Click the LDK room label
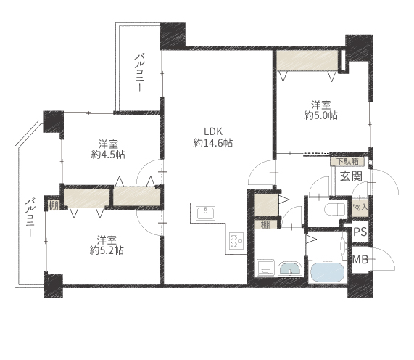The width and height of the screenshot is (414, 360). click(x=213, y=131)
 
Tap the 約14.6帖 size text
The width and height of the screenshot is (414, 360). click(x=213, y=143)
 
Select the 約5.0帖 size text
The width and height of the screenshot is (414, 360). click(x=320, y=115)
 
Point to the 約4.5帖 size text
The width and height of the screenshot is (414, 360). click(x=108, y=155)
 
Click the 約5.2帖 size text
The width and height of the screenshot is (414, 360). click(x=107, y=250)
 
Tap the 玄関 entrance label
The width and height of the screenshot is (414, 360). click(x=351, y=176)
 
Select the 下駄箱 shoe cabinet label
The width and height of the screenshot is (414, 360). click(x=347, y=162)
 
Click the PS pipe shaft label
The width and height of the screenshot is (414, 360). click(x=360, y=232)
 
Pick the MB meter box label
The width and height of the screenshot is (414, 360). click(x=360, y=260)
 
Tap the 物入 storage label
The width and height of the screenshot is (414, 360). click(x=360, y=208)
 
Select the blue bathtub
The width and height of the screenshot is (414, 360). click(x=328, y=272)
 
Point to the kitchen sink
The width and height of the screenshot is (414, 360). click(x=206, y=213)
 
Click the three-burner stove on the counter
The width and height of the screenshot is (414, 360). click(x=236, y=240)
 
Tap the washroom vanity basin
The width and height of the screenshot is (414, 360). click(x=291, y=269)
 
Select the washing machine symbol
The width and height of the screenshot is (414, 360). click(x=265, y=268)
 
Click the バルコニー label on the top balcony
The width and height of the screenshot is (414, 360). click(x=139, y=73)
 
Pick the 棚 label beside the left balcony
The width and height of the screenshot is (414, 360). click(x=54, y=205)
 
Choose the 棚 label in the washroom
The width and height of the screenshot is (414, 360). click(x=265, y=225)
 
